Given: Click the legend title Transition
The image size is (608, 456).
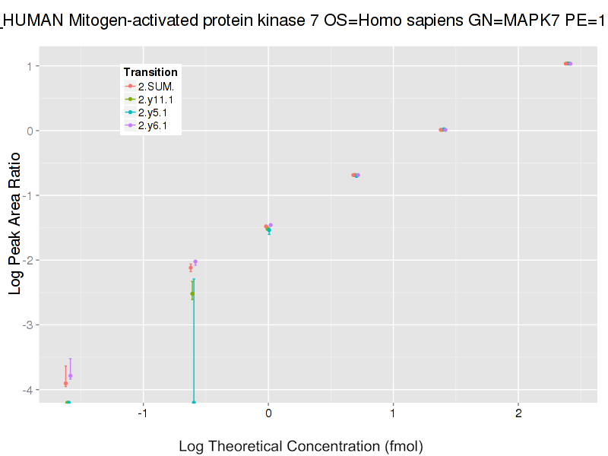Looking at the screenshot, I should click(x=150, y=72).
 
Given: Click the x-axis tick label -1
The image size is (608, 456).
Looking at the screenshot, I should click(x=142, y=415).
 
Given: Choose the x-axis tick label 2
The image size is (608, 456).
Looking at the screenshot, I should click(x=518, y=415).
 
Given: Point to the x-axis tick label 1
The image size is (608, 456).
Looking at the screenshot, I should click(x=393, y=415).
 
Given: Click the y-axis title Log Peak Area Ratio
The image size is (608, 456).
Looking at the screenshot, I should click(x=15, y=228).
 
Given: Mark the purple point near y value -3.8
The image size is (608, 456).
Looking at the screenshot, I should click(x=70, y=375).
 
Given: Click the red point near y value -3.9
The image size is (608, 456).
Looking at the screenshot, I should click(x=65, y=384).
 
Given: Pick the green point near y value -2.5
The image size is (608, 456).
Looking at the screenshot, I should click(x=192, y=293).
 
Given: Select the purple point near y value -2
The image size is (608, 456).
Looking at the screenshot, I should click(x=195, y=261).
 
